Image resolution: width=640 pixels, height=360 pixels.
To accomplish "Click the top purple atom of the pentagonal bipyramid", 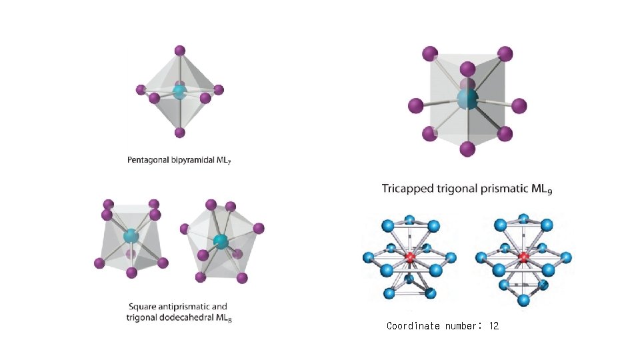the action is [x=179, y=51].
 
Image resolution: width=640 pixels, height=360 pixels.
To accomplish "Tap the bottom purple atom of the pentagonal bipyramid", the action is [x=179, y=133].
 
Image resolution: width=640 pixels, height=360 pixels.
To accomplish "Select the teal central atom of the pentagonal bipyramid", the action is [x=179, y=92].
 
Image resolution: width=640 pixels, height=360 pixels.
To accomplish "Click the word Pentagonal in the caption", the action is [x=151, y=160].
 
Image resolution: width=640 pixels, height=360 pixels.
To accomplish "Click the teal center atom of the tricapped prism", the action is [x=468, y=100].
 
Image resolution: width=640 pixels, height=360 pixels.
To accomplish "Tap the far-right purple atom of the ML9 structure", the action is [x=519, y=105].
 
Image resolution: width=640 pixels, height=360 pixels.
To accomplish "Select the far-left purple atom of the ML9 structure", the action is [x=415, y=105].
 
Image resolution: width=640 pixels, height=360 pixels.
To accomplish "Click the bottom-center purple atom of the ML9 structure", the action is [x=468, y=147].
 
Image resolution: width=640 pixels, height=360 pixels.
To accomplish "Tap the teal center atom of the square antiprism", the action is [x=131, y=235].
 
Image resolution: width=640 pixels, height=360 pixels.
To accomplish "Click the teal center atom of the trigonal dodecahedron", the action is [x=221, y=241].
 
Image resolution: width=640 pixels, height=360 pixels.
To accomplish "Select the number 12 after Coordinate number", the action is [x=493, y=326].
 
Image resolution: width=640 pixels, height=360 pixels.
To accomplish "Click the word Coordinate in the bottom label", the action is [x=413, y=326].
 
